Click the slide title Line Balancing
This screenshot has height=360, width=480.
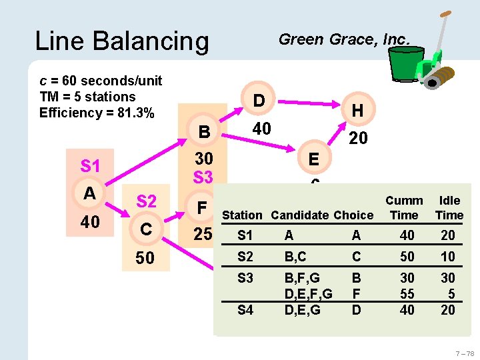click(121, 41)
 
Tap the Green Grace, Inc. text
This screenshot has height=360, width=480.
click(343, 39)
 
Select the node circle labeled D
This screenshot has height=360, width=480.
click(259, 100)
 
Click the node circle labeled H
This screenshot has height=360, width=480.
click(357, 110)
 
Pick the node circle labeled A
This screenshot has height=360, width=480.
click(89, 193)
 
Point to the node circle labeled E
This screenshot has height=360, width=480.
click(313, 159)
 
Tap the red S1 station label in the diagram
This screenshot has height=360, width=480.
click(90, 165)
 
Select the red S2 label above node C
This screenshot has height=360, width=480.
click(147, 201)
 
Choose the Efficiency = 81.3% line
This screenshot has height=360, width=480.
click(97, 113)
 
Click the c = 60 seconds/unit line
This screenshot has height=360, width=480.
click(101, 81)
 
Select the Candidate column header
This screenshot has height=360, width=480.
click(297, 215)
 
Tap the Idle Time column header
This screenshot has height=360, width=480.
click(449, 207)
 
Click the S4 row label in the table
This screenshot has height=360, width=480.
click(245, 310)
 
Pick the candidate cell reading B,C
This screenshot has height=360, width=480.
click(298, 256)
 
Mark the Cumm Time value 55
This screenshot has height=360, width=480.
click(407, 293)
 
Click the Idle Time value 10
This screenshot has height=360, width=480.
click(448, 256)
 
